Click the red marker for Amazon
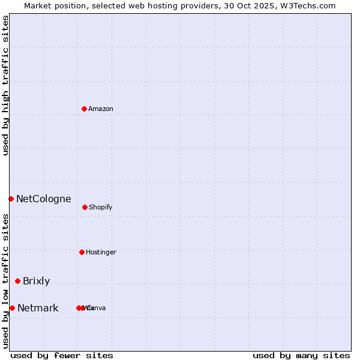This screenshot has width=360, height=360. (85, 109)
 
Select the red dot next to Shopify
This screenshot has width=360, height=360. (85, 207)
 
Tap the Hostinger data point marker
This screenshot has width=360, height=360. (82, 252)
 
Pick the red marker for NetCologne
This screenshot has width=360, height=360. (11, 199)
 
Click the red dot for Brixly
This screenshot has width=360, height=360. (17, 281)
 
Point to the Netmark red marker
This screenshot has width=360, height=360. (12, 308)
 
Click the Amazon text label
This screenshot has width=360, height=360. (101, 109)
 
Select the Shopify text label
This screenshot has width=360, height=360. (101, 207)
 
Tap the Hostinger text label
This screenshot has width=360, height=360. (101, 252)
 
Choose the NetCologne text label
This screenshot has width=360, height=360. (44, 199)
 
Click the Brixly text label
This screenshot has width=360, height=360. (37, 281)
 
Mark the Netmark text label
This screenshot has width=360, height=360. (38, 308)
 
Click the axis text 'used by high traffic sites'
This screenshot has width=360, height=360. (5, 85)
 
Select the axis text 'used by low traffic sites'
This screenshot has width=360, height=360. (5, 280)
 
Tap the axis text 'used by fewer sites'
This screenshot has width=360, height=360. (62, 355)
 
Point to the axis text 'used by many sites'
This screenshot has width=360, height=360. (301, 355)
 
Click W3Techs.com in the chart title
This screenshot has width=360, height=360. (306, 5)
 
